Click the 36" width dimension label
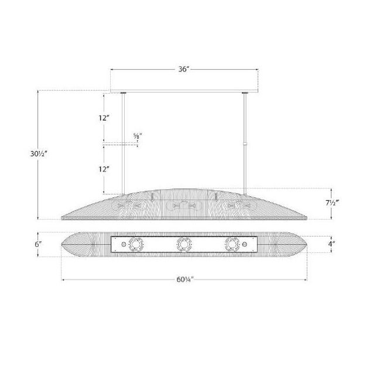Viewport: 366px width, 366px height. click(183, 69)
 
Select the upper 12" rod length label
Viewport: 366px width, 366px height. click(104, 118)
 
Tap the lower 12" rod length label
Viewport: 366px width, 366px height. click(104, 169)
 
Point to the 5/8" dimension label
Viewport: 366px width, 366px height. click(138, 136)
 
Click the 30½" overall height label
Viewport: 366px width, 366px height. click(38, 154)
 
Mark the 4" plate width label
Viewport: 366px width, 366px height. click(332, 244)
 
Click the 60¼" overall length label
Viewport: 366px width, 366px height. click(183, 279)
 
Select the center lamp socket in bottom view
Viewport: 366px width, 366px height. click(184, 244)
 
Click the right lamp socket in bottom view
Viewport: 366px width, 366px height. click(230, 244)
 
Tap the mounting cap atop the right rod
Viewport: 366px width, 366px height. click(244, 93)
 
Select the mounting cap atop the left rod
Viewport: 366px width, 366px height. click(123, 93)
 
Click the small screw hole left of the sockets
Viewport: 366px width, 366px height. click(122, 244)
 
